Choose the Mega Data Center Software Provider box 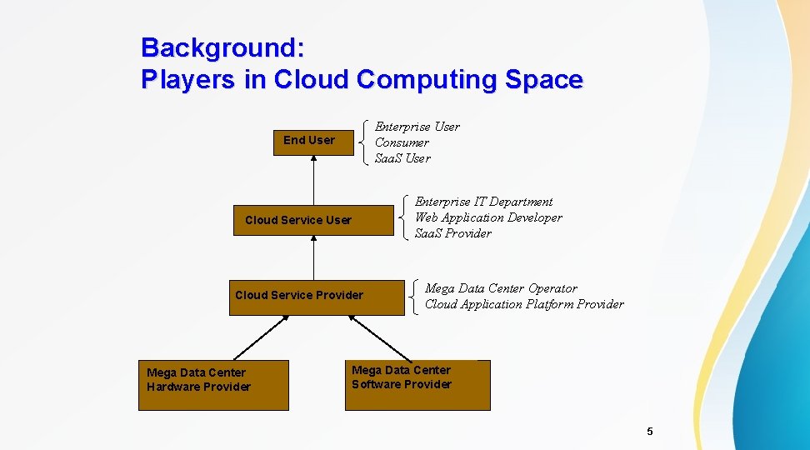(417, 385)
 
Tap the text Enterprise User (417, 127)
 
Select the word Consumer (402, 142)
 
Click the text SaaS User (402, 158)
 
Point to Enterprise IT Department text (483, 202)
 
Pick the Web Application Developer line (488, 217)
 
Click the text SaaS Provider (452, 233)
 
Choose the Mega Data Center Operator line (501, 288)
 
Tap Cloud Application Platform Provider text (524, 304)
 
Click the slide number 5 (650, 431)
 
